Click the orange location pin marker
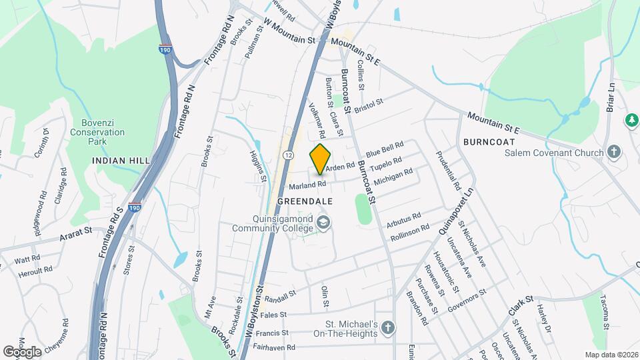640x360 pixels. [320, 159]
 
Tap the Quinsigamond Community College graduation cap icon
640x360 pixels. [323, 222]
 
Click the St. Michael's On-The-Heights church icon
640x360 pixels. [387, 327]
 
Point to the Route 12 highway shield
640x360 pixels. [287, 155]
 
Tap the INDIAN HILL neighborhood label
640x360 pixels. [115, 161]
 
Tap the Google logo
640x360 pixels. [21, 351]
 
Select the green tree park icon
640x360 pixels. [630, 120]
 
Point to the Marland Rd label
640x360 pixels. [307, 184]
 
